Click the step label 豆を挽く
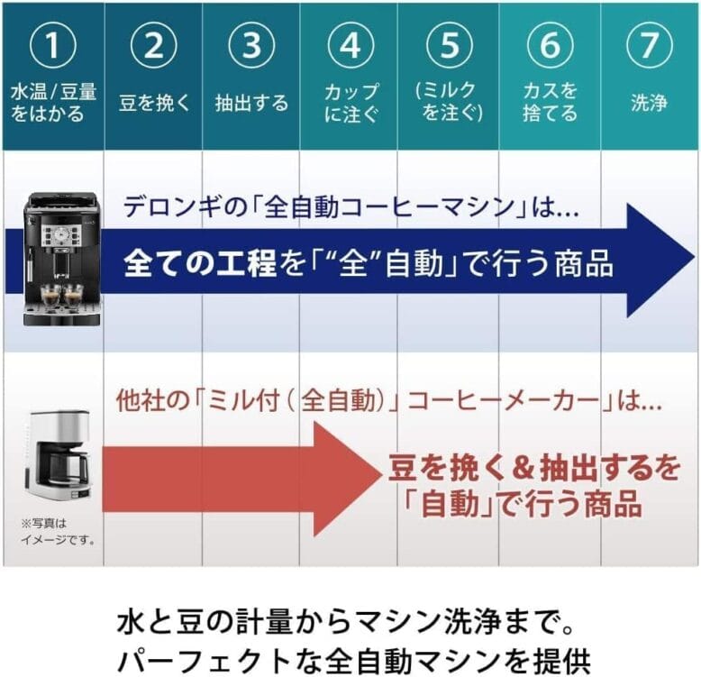154,103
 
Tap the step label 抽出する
251,103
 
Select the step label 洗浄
649,103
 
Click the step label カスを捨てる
549,103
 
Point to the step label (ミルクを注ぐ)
449,102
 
